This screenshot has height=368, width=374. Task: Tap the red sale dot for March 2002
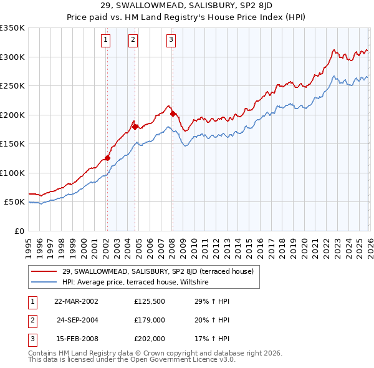[107, 158]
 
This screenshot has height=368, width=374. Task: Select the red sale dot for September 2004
[135, 127]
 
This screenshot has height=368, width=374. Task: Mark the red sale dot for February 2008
[173, 114]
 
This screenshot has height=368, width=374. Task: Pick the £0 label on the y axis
[19, 231]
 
